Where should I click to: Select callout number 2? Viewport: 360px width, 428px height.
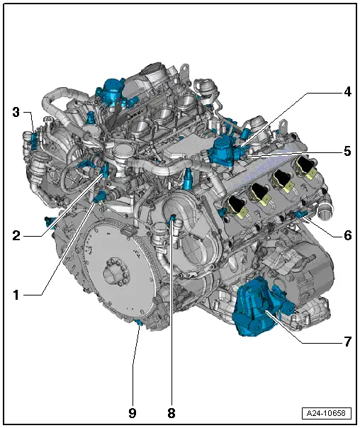[16, 235]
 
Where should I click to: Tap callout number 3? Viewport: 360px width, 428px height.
[16, 111]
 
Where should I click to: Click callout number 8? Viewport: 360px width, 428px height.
[171, 410]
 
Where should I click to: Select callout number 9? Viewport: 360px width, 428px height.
[133, 410]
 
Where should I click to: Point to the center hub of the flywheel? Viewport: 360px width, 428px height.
[112, 271]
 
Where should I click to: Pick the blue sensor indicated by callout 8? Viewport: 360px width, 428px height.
[171, 226]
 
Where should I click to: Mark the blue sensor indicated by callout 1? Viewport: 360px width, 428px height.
[100, 195]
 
